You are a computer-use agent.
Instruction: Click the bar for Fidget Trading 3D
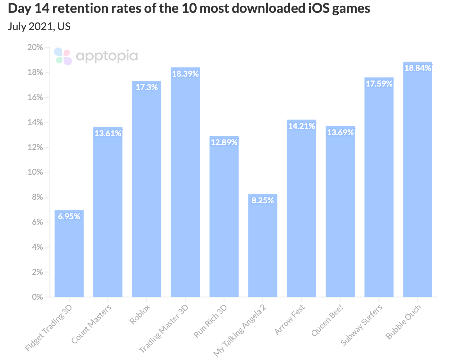(69, 256)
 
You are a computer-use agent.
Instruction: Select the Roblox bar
(147, 192)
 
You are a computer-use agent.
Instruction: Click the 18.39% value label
(185, 74)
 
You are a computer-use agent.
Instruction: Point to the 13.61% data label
(108, 133)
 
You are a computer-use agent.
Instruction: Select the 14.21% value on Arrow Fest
(301, 126)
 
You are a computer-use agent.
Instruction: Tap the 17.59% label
(379, 84)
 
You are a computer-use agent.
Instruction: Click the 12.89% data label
(224, 142)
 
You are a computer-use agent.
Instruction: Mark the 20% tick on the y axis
(35, 47)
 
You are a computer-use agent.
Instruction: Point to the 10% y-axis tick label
(35, 172)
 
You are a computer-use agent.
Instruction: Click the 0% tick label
(37, 297)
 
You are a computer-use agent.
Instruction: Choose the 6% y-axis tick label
(37, 222)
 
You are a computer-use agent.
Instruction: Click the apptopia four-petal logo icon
(63, 56)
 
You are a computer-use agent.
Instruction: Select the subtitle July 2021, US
(39, 26)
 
